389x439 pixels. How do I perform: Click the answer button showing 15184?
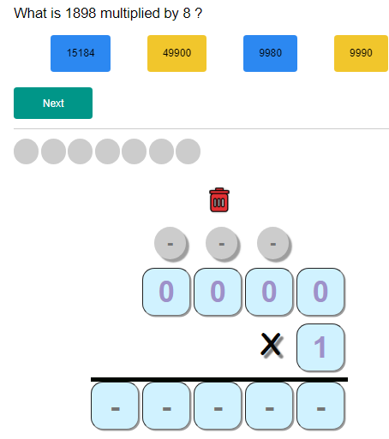[x=81, y=53]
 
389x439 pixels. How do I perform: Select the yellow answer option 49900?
[x=177, y=53]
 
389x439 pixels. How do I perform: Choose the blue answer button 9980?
[x=270, y=53]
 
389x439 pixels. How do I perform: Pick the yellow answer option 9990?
[x=361, y=53]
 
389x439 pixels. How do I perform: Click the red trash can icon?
[x=218, y=200]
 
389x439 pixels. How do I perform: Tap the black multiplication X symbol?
[x=271, y=345]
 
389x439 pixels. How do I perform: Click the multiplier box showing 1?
[x=320, y=347]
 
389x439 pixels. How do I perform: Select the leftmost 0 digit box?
[x=166, y=292]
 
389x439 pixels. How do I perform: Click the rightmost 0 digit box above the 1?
[x=320, y=292]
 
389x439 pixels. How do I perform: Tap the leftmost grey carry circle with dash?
[x=171, y=244]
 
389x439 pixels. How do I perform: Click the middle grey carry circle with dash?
[x=222, y=244]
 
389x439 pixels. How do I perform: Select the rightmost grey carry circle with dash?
[x=273, y=244]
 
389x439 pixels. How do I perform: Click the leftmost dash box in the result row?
[x=115, y=406]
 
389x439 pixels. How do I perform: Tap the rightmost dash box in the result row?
[x=320, y=406]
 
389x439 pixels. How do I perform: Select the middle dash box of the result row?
[x=218, y=406]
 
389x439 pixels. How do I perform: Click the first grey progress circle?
[x=27, y=151]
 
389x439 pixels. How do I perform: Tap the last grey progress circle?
[x=188, y=151]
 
